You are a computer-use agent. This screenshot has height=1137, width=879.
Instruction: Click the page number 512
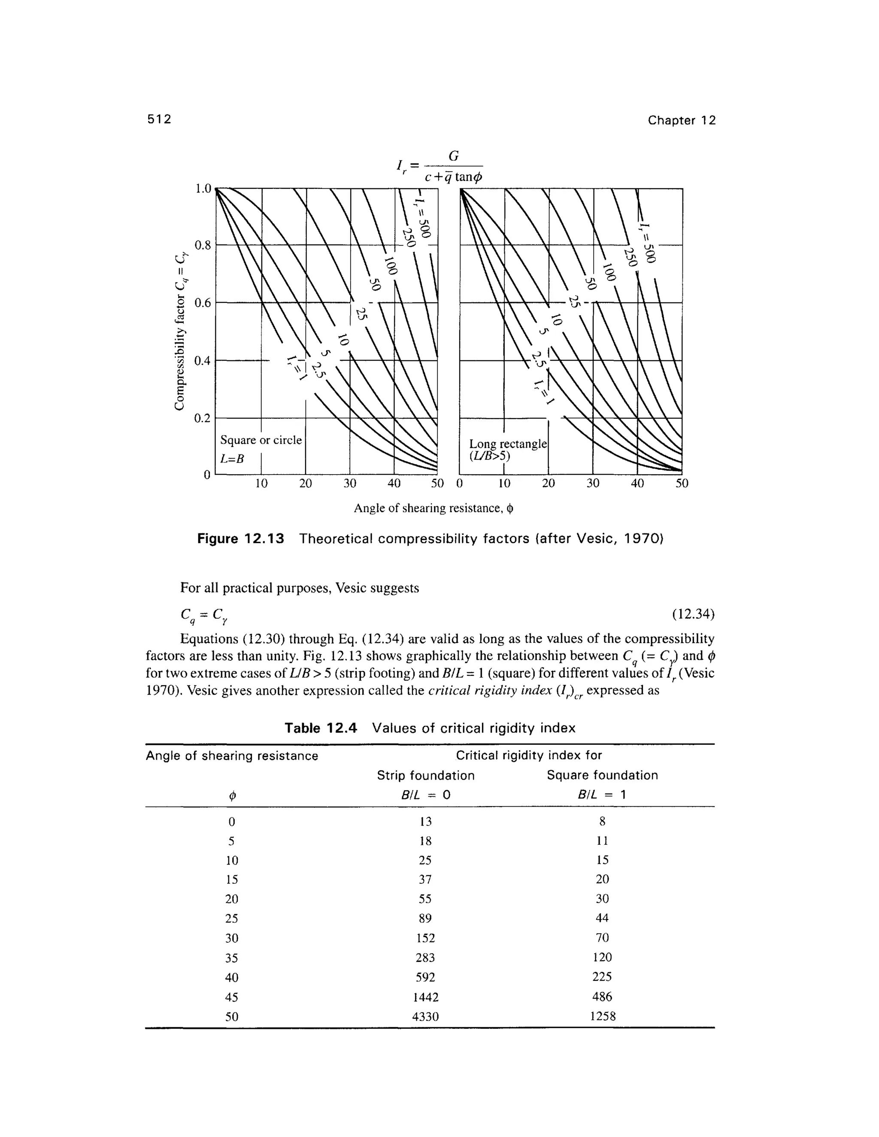[x=159, y=120]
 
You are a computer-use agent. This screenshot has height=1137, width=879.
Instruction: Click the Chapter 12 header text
[x=681, y=121]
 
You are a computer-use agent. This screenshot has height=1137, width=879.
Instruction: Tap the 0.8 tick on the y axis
[x=202, y=245]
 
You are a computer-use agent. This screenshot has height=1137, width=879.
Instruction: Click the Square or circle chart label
[x=261, y=441]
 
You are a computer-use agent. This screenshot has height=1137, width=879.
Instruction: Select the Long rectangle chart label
[x=508, y=444]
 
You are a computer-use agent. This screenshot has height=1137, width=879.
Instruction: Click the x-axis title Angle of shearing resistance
[x=433, y=508]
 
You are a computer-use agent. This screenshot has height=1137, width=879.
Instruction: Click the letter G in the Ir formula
[x=454, y=156]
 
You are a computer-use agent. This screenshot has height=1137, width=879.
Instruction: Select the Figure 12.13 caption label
[x=241, y=539]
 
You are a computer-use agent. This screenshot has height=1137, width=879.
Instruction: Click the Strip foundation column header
[x=425, y=776]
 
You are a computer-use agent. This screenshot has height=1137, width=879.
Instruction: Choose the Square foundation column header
[x=602, y=775]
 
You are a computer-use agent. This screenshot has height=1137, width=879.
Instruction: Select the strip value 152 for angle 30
[x=425, y=938]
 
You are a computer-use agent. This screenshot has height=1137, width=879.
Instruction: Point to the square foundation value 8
[x=602, y=822]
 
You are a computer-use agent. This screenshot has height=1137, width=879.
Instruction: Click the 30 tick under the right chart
[x=593, y=484]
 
